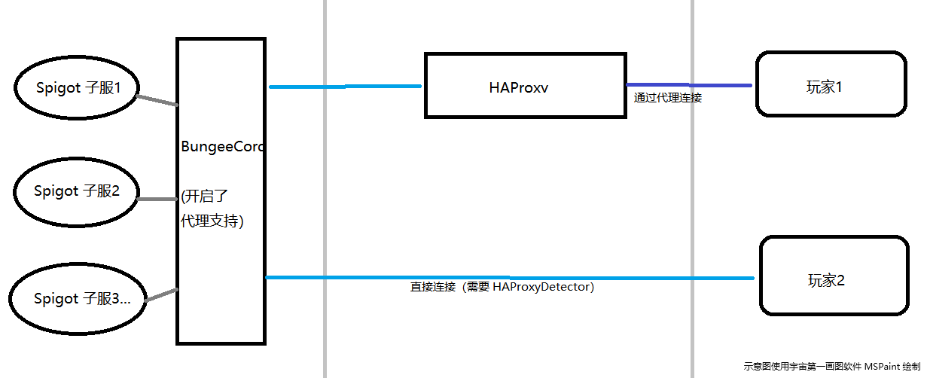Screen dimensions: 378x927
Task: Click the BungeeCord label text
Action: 222,148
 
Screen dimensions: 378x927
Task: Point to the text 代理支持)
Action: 212,221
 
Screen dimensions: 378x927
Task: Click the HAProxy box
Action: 525,85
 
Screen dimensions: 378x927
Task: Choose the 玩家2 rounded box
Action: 834,276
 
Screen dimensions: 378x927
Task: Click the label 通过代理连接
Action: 668,98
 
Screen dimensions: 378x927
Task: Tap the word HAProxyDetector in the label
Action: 543,287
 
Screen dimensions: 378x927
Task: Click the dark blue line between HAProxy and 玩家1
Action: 689,85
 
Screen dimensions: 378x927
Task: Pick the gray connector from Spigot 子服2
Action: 157,200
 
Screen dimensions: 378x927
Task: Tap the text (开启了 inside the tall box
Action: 204,197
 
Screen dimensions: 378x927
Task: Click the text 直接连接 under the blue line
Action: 433,287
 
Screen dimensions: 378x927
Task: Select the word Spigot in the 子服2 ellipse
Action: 56,191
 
